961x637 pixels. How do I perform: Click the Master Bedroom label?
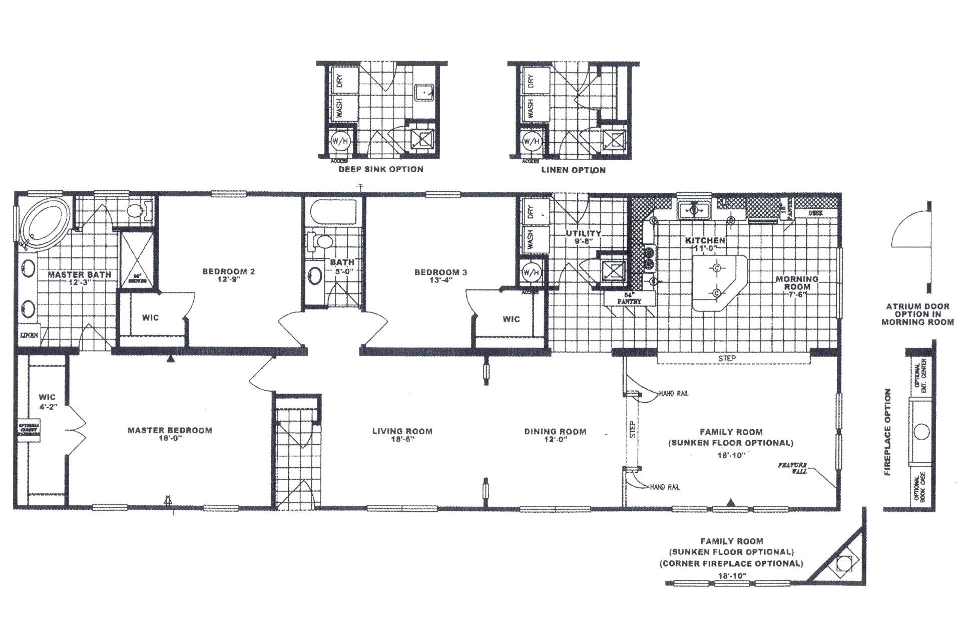170,430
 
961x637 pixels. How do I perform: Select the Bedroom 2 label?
228,271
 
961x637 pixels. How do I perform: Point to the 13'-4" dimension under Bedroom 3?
440,280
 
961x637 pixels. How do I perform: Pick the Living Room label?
402,431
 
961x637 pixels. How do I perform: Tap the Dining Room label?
555,431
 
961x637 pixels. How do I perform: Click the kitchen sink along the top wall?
694,210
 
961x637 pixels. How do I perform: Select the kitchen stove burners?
649,259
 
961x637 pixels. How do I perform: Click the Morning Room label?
797,283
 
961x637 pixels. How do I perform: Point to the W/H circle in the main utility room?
531,273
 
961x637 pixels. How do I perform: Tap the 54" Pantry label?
629,299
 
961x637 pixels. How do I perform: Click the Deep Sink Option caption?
381,169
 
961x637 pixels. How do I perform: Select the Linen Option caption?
573,170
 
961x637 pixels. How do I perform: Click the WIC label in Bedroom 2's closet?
150,317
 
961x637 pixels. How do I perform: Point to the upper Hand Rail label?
673,394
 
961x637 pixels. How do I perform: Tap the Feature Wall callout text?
792,468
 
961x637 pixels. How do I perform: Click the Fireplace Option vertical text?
887,432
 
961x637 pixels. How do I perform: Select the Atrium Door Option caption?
917,314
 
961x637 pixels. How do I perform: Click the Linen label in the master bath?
29,335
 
